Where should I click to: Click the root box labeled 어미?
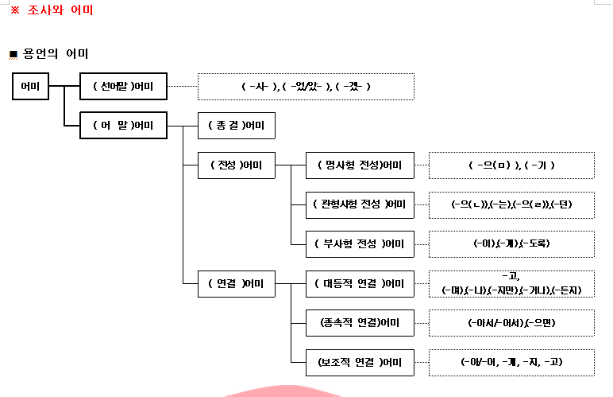[x=31, y=86]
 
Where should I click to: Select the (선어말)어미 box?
[x=123, y=86]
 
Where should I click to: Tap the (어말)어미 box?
[x=123, y=126]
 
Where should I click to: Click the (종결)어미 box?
[x=236, y=126]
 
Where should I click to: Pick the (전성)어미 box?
[x=236, y=165]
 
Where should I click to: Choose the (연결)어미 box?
[x=236, y=283]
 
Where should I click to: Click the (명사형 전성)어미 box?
[x=360, y=165]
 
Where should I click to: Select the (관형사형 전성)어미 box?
[x=360, y=204]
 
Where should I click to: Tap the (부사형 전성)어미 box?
[x=360, y=243]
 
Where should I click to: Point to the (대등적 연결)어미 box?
[x=360, y=283]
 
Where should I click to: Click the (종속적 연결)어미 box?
[x=360, y=322]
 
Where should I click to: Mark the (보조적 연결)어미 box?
[x=360, y=363]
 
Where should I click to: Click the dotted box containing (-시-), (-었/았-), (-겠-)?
[x=306, y=86]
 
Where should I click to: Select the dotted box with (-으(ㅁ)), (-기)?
[x=511, y=165]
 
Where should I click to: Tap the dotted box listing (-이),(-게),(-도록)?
[x=511, y=243]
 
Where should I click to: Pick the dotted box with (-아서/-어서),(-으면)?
[x=511, y=322]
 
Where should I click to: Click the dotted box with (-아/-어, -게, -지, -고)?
[x=511, y=363]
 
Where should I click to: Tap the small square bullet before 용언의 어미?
[x=13, y=55]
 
